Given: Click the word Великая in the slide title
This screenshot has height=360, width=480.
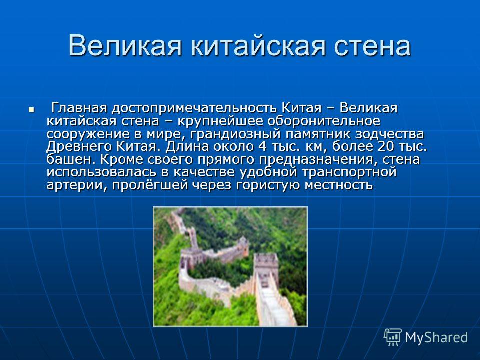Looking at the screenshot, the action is point(125,46).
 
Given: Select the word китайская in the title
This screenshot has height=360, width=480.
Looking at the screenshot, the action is point(258,46).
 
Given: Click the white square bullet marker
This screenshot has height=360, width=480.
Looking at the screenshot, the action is point(31,109).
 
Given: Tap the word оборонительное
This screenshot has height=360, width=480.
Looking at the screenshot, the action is point(324,121).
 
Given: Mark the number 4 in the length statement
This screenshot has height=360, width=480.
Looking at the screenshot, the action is point(262,147).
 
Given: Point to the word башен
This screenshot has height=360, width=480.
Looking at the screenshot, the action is point(71,160).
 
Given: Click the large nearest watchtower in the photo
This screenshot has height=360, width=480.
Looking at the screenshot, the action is point(266,265).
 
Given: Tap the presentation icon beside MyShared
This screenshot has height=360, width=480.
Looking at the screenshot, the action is point(393,337).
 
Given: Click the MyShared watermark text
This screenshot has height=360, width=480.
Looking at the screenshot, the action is point(436,337).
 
